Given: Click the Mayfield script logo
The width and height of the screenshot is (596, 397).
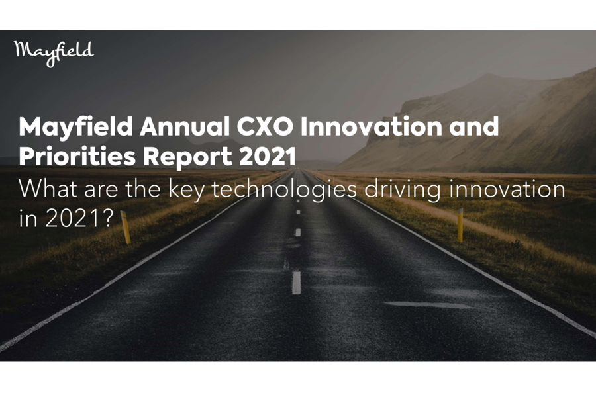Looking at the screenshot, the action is (x=54, y=54).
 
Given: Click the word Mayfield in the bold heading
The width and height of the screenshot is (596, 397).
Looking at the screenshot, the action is (x=75, y=128).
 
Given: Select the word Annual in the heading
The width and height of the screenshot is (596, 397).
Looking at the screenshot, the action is (x=186, y=126).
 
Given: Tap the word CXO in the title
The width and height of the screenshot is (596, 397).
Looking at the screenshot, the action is (x=265, y=126).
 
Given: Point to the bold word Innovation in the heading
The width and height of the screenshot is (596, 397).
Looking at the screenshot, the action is (x=371, y=126).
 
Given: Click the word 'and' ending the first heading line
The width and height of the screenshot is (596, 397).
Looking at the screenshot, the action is (x=474, y=126).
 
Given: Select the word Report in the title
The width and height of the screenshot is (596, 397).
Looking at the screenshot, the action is (x=187, y=157).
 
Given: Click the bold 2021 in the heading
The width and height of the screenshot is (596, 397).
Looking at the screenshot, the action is (x=268, y=156).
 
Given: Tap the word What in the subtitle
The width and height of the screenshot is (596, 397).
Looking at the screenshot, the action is (x=48, y=189).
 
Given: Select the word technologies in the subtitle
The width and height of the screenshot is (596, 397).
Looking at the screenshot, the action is (x=284, y=191).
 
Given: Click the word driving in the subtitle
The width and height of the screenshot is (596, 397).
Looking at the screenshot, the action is (x=403, y=191).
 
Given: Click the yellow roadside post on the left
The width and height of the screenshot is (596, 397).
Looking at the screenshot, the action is (x=126, y=227).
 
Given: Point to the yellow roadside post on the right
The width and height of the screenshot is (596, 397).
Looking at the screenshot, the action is (x=460, y=225).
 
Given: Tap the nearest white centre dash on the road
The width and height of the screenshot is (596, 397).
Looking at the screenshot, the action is (x=296, y=283).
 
